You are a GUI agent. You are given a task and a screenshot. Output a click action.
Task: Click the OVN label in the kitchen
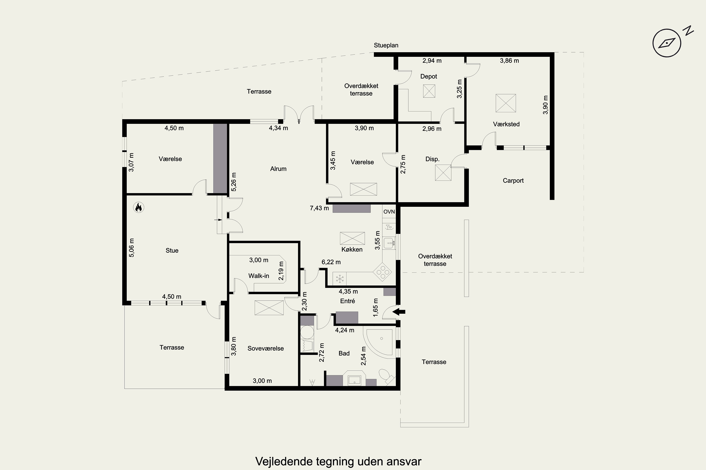pyautogui.click(x=389, y=212)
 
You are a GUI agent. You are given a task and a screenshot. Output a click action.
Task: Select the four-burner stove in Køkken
pyautogui.click(x=382, y=272)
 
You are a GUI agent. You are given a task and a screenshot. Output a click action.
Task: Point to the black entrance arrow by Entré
pyautogui.click(x=399, y=312)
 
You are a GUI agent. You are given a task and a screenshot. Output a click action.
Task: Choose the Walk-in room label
pyautogui.click(x=259, y=276)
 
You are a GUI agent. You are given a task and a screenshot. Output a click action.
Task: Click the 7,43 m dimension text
pyautogui.click(x=319, y=208)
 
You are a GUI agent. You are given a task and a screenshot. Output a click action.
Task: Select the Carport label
pyautogui.click(x=513, y=181)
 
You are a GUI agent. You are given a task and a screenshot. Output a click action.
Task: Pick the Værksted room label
pyautogui.click(x=506, y=124)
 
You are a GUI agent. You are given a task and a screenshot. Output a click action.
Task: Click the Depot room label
pyautogui.click(x=429, y=76)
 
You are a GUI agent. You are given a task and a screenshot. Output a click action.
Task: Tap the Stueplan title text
pyautogui.click(x=386, y=45)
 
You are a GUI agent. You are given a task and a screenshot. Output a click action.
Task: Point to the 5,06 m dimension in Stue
pyautogui.click(x=132, y=248)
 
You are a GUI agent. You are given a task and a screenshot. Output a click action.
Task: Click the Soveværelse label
pyautogui.click(x=266, y=348)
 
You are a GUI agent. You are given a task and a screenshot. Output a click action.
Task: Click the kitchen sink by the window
pyautogui.click(x=389, y=243)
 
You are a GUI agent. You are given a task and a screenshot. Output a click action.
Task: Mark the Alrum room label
pyautogui.click(x=278, y=169)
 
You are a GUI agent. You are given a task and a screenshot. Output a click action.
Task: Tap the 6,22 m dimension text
pyautogui.click(x=331, y=262)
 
